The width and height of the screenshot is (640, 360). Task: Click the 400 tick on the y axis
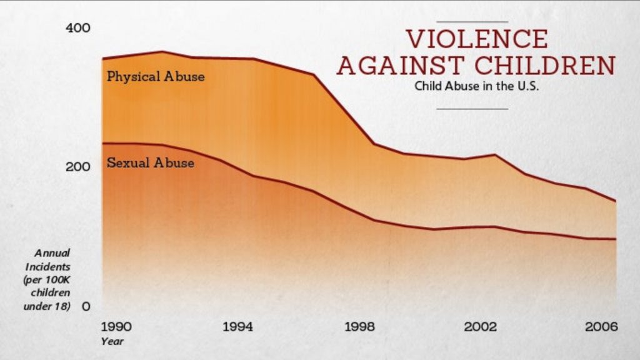[78, 28]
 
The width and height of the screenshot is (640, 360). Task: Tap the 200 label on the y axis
[78, 167]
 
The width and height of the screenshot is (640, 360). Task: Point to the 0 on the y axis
[86, 306]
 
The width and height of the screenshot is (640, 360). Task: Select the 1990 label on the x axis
[116, 326]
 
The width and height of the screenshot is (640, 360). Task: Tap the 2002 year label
[482, 326]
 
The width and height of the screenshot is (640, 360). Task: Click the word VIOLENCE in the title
[477, 39]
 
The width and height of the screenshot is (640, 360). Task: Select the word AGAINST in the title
[401, 65]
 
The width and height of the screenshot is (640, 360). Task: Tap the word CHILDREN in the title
[544, 65]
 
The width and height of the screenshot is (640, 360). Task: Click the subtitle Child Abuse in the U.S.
[476, 86]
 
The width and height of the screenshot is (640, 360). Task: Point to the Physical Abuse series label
[156, 77]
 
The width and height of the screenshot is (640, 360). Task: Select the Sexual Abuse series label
[150, 163]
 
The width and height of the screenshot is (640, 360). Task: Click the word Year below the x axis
[112, 341]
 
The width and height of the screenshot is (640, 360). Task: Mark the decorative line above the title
[472, 21]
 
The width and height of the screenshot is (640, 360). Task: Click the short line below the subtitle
[472, 109]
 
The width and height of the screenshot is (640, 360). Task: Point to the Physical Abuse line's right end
[616, 201]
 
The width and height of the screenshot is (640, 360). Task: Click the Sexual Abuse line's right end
[616, 239]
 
